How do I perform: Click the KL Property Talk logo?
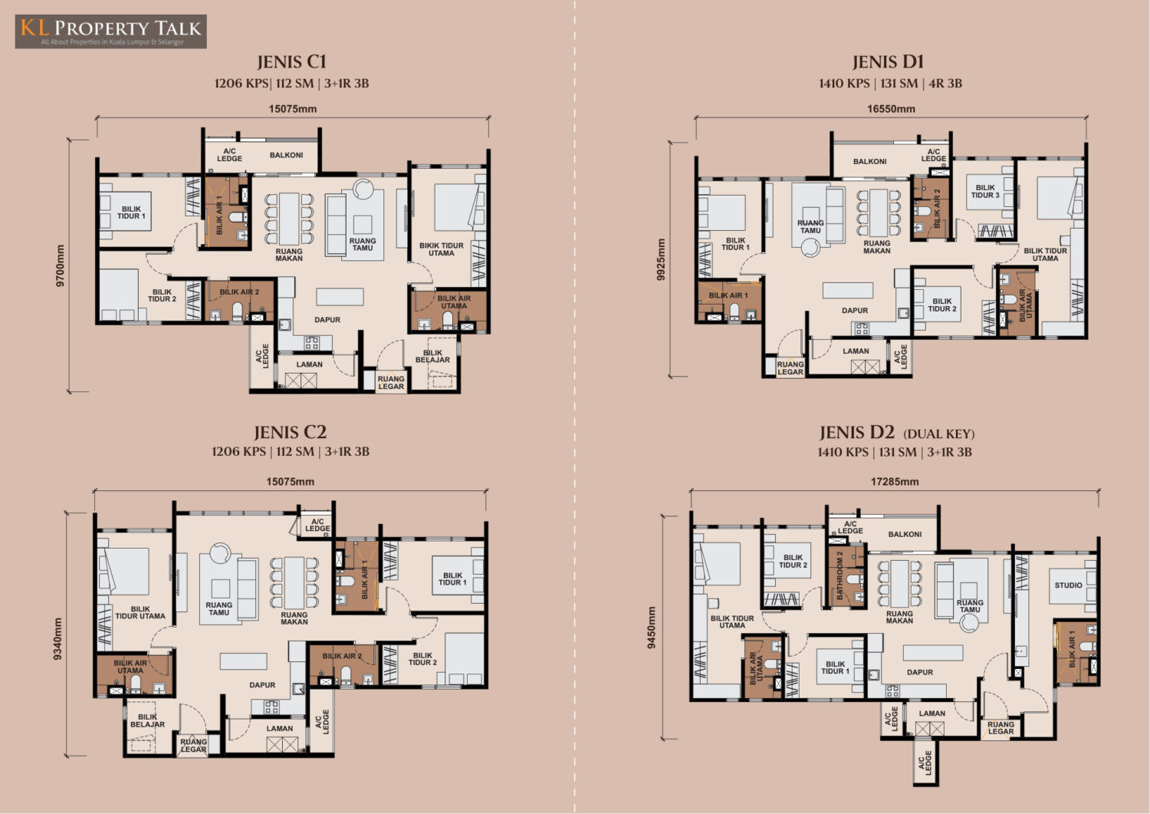[x=111, y=31]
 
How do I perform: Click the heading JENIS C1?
[x=291, y=62]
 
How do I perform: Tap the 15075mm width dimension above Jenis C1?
[x=293, y=109]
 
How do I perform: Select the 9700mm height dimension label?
[x=60, y=265]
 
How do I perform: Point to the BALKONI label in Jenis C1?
[x=287, y=155]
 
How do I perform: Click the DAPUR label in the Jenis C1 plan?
[x=327, y=320]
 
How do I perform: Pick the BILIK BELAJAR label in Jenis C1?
[x=432, y=356]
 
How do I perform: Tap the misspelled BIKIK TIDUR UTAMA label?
[x=441, y=249]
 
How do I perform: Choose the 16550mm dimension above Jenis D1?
[x=891, y=109]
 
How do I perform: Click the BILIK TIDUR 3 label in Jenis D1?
[x=985, y=192]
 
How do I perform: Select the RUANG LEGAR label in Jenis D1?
[x=790, y=368]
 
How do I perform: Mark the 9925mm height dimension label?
[x=661, y=259]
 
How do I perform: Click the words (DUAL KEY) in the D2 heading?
[x=939, y=434]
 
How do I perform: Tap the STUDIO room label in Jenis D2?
[x=1069, y=585]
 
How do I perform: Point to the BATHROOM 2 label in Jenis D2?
[x=840, y=575]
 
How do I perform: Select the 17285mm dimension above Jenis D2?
[x=895, y=482]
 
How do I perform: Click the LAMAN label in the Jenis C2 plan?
[x=280, y=728]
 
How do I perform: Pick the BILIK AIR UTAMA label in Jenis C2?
[x=130, y=667]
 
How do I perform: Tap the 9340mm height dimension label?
[x=58, y=639]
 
